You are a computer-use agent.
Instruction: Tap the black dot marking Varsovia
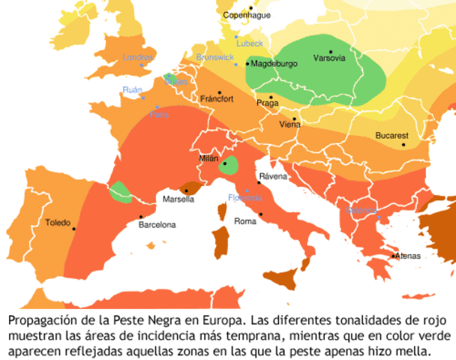pyautogui.click(x=331, y=52)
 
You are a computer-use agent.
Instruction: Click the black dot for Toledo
pyautogui.click(x=73, y=229)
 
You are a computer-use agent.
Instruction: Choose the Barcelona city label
pyautogui.click(x=157, y=224)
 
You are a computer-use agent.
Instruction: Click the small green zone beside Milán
pyautogui.click(x=229, y=166)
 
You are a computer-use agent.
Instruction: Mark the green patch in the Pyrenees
pyautogui.click(x=118, y=192)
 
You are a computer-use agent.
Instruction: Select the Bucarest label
pyautogui.click(x=391, y=136)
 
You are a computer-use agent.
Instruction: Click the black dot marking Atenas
pyautogui.click(x=394, y=256)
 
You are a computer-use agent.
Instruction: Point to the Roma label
pyautogui.click(x=245, y=221)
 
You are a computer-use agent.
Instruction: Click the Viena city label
pyautogui.click(x=289, y=124)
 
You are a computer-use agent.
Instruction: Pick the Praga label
pyautogui.click(x=267, y=103)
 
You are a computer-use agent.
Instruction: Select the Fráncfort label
pyautogui.click(x=217, y=99)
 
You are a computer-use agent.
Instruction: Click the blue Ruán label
pyautogui.click(x=132, y=90)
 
